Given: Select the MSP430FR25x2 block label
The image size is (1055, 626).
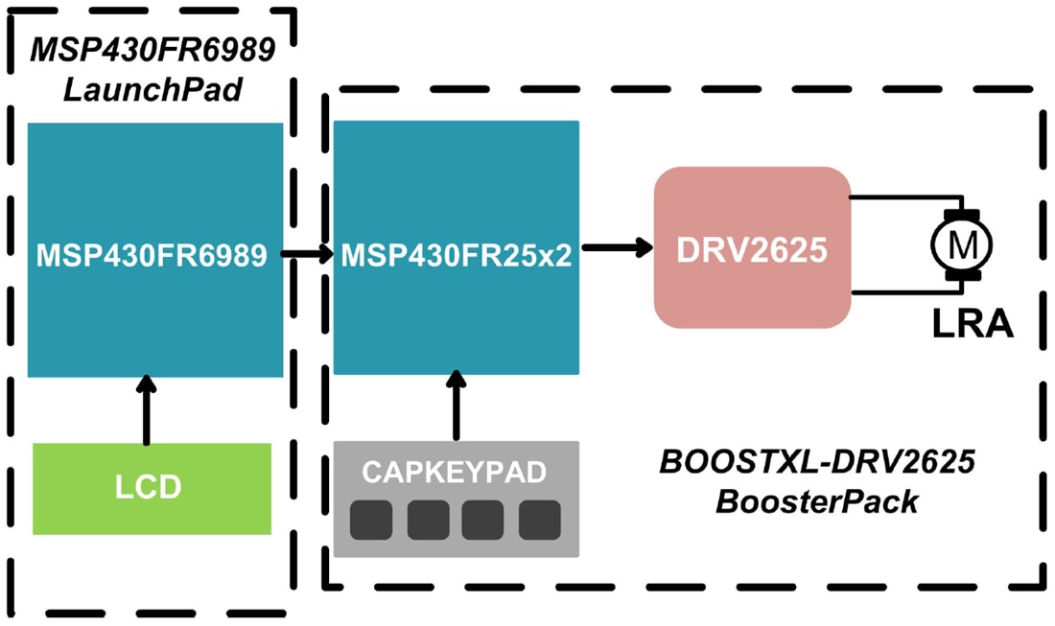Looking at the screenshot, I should pos(456,255).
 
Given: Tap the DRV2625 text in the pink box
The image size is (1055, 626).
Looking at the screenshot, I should pos(752,249).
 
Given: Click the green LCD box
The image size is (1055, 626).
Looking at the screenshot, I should pos(152,487).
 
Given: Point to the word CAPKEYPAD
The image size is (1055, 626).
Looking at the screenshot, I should pos(455,471).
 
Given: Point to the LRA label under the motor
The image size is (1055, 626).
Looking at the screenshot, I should pos(973,324).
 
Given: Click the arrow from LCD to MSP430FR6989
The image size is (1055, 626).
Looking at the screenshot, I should pos(146,410).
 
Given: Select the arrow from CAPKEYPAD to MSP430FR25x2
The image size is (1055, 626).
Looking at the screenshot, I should pos(456,406).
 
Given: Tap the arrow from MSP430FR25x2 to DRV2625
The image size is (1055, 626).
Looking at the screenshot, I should pos(616,247).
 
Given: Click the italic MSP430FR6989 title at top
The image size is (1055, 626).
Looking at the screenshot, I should pos(154,49).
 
